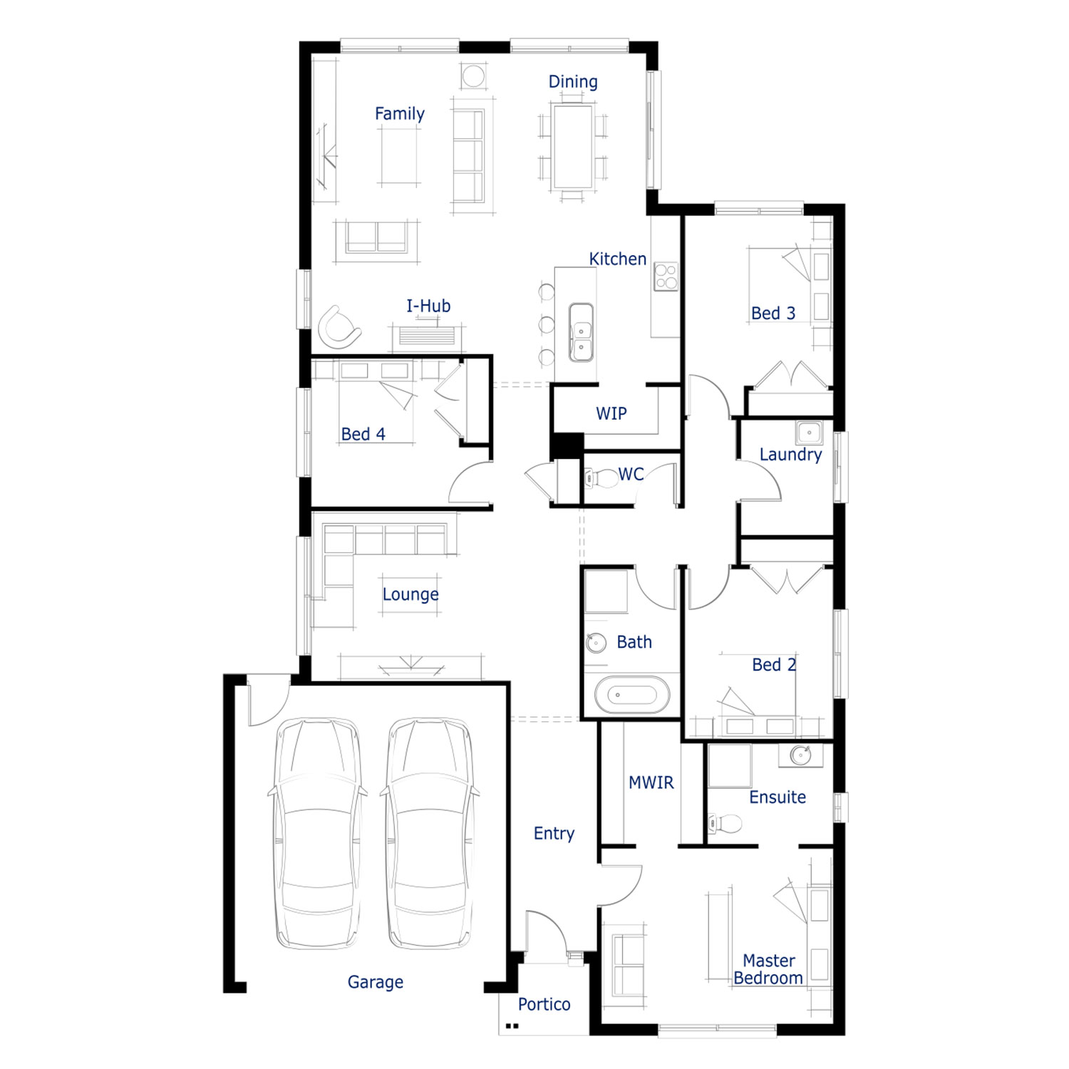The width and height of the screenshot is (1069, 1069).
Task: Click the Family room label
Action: [399, 114]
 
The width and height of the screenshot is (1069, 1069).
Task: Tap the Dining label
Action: [573, 82]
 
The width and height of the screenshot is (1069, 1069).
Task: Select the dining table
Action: [572, 147]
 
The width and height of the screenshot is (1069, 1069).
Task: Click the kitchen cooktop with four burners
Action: [666, 277]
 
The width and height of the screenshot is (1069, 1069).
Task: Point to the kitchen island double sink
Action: [581, 332]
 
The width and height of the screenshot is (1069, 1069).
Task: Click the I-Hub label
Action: [428, 306]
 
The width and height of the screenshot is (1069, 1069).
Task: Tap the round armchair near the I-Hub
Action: [338, 326]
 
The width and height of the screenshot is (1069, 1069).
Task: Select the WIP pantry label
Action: [611, 413]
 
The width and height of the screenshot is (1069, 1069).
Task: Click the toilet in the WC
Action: [601, 477]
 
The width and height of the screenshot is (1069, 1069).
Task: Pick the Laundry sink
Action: [809, 433]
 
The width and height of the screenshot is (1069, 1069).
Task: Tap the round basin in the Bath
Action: [596, 643]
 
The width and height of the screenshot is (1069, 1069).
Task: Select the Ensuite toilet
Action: [724, 824]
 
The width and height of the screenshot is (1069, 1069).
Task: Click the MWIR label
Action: [651, 783]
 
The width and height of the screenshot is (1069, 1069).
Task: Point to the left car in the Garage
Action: [318, 833]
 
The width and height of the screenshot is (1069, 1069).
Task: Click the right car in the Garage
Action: [430, 833]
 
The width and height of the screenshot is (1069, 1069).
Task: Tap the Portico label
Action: [544, 1004]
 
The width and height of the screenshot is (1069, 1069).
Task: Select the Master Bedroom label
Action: [768, 969]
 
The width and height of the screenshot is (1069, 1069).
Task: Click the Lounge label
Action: [410, 594]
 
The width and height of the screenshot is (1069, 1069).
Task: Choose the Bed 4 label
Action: [363, 434]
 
